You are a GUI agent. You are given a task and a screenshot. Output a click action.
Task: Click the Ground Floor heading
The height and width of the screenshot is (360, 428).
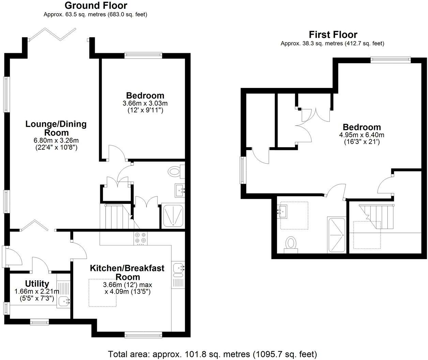pyautogui.click(x=96, y=5)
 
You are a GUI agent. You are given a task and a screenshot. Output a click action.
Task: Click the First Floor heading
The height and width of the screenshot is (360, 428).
pyautogui.click(x=333, y=34)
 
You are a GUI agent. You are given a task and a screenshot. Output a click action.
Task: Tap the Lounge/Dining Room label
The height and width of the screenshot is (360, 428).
pyautogui.click(x=56, y=128)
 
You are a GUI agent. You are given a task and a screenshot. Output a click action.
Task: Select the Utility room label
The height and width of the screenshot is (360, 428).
pyautogui.click(x=37, y=284)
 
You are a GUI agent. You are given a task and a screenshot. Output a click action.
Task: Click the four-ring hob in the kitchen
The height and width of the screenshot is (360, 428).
pyautogui.click(x=140, y=238)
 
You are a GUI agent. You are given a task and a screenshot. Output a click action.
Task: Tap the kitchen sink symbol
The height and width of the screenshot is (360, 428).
pyautogui.click(x=179, y=269)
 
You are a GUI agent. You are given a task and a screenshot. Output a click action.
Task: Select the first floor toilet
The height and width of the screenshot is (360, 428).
pyautogui.click(x=291, y=244)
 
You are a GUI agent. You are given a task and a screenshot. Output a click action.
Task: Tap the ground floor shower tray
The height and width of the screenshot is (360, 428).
pyautogui.click(x=173, y=216)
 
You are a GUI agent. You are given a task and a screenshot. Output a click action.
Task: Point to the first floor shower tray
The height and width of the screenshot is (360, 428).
pyautogui.click(x=336, y=235)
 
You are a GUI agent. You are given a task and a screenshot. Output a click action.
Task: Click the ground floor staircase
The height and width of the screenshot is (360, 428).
pyautogui.click(x=115, y=217)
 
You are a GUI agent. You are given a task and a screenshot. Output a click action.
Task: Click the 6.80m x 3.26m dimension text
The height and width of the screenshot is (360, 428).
pyautogui.click(x=56, y=140)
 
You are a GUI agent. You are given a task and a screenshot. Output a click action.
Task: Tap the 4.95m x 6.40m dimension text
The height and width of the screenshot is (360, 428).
pyautogui.click(x=362, y=135)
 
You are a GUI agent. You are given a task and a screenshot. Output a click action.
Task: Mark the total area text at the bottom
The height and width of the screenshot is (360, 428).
pyautogui.click(x=212, y=354)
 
